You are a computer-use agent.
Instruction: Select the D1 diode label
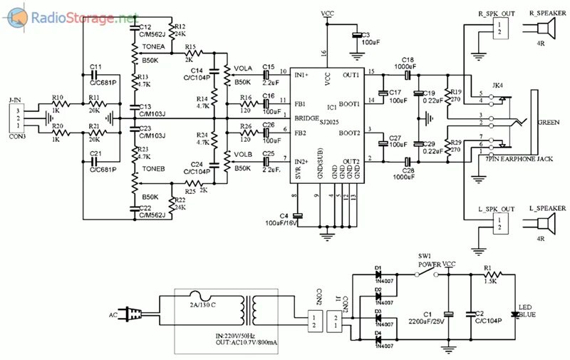pos(378,269)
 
